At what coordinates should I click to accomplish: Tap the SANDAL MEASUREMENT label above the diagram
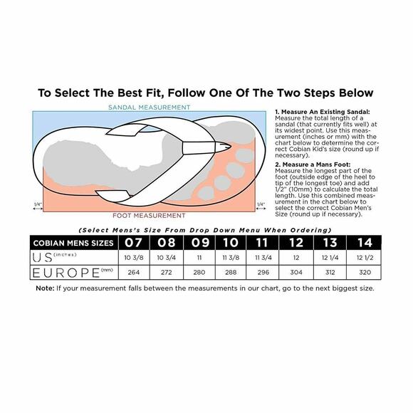coord(149,108)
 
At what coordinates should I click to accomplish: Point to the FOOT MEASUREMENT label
coord(148,214)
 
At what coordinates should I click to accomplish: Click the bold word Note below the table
coord(45,288)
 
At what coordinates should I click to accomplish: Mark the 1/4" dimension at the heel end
coord(37,205)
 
